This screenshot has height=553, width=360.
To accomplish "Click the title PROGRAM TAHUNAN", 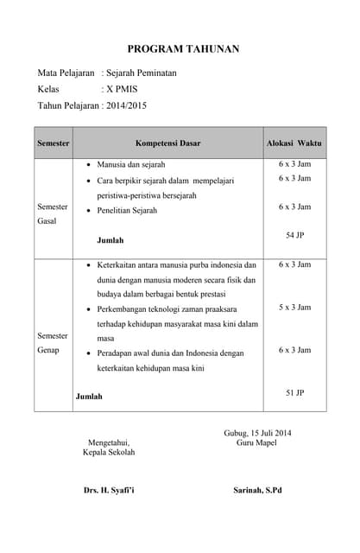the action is (183, 49).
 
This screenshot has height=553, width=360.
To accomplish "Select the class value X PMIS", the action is (121, 89).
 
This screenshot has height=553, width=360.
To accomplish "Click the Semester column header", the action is (53, 143).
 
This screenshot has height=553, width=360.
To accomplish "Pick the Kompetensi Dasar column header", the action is (167, 143).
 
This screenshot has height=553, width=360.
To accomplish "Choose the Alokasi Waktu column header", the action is (294, 143).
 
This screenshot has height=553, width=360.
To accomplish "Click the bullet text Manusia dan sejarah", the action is (131, 164).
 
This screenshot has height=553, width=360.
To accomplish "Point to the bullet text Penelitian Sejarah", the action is (127, 211).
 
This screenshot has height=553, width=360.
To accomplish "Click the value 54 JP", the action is (294, 235).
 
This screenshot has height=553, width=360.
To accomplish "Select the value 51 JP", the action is (294, 393).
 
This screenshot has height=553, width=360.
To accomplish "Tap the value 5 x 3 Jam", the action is (294, 308).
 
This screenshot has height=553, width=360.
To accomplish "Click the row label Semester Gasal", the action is (53, 214).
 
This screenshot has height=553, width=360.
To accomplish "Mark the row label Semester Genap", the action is (53, 342).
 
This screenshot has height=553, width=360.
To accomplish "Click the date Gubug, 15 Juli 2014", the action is (257, 433).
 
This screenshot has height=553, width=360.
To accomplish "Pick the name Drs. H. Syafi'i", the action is (109, 491).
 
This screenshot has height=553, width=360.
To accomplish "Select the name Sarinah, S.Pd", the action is (257, 491).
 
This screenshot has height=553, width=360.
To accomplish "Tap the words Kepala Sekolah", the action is (109, 452).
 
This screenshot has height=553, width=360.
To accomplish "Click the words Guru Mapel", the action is (256, 442).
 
